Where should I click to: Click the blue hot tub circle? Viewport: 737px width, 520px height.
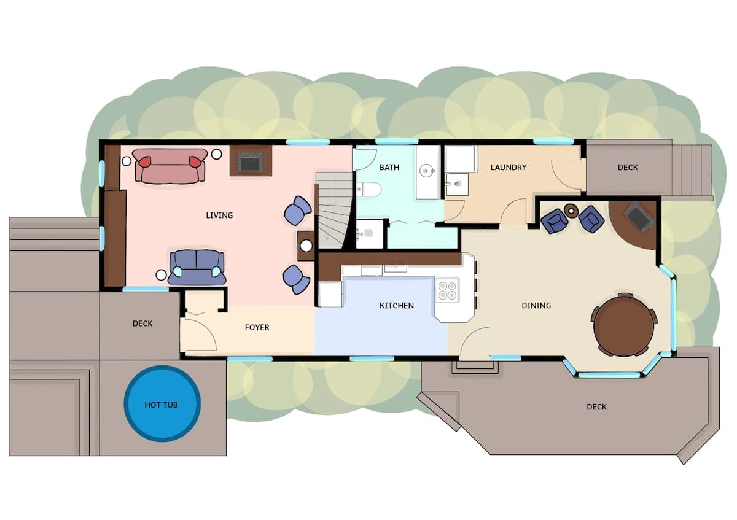click(x=162, y=403)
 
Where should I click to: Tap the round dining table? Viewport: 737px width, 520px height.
click(x=624, y=325)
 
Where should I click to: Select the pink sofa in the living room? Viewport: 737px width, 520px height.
click(x=170, y=165)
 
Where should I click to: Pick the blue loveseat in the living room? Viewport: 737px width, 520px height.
click(x=197, y=268)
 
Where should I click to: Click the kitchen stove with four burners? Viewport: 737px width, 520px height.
click(x=447, y=290)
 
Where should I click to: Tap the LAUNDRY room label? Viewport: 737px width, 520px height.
click(x=509, y=168)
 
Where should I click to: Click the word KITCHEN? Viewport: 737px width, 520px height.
click(x=397, y=306)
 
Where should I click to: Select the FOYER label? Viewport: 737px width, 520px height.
click(x=257, y=328)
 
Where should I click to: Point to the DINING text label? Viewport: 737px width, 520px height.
click(x=536, y=306)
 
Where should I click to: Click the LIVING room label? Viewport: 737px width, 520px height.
click(x=219, y=215)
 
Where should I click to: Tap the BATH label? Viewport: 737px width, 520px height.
click(x=389, y=168)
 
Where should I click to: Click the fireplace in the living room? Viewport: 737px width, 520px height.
click(x=251, y=161)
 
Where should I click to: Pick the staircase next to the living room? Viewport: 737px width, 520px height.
click(x=333, y=210)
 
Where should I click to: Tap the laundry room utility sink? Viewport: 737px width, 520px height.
click(x=457, y=184)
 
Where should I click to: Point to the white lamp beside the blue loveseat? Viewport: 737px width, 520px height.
click(x=161, y=274)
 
